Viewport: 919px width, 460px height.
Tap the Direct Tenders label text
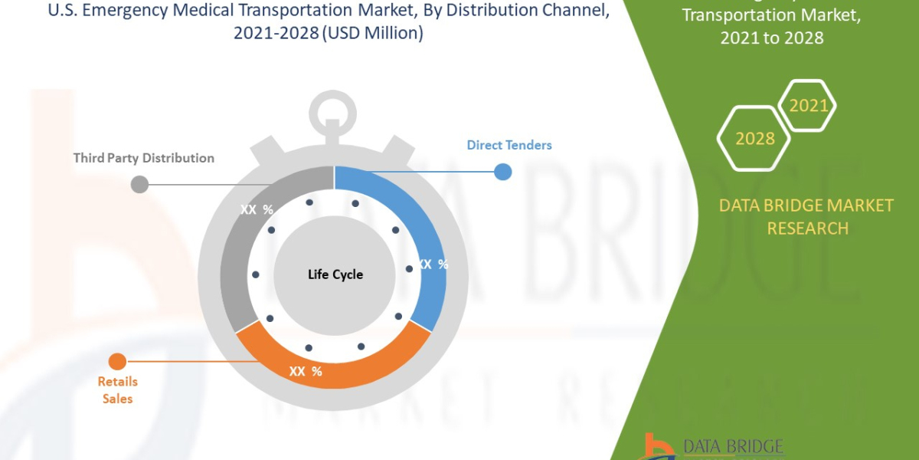pyautogui.click(x=509, y=145)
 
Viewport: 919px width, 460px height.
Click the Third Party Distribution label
pyautogui.click(x=144, y=158)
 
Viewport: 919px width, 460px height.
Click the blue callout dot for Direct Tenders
pyautogui.click(x=502, y=172)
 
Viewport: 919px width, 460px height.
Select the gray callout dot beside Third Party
pyautogui.click(x=139, y=184)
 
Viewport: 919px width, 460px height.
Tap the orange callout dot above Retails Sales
pyautogui.click(x=117, y=361)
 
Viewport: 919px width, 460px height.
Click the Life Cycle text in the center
pyautogui.click(x=335, y=274)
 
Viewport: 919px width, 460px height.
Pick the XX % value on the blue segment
pyautogui.click(x=433, y=264)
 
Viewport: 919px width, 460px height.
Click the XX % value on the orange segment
pyautogui.click(x=305, y=372)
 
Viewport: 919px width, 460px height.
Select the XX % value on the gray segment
pyautogui.click(x=256, y=209)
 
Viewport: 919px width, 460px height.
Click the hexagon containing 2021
pyautogui.click(x=807, y=106)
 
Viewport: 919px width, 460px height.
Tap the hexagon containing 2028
pyautogui.click(x=754, y=138)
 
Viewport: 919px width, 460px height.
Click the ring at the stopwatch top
pyautogui.click(x=333, y=107)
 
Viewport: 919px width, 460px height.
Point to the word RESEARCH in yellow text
pyautogui.click(x=807, y=228)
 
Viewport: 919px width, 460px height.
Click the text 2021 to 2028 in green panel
pyautogui.click(x=771, y=38)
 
